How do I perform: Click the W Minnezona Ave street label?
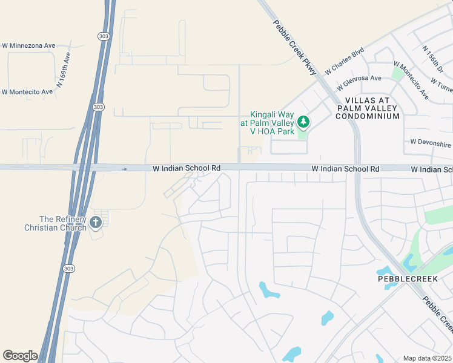point(28,45)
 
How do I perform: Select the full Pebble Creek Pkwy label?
point(295,48)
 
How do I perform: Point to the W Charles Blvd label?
point(344,62)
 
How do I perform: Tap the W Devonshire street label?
point(431,143)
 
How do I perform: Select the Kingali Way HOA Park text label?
point(271,123)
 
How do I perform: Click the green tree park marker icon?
point(304,122)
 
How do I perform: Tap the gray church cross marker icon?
point(95,223)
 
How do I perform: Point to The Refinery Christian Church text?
point(63,223)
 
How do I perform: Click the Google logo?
point(20,356)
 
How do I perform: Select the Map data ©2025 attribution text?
point(427,358)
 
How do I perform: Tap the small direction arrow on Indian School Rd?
point(124,169)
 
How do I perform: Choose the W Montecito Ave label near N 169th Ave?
point(27,92)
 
